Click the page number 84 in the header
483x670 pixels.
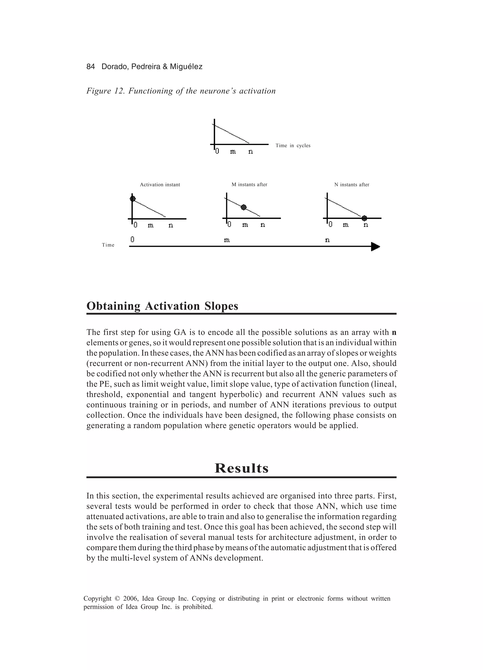(x=91, y=67)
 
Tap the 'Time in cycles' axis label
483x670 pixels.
(x=293, y=146)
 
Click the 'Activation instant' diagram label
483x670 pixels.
(x=160, y=185)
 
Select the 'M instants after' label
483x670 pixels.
(x=249, y=185)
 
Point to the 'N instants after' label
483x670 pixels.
(x=352, y=185)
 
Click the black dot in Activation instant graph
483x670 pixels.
(x=133, y=199)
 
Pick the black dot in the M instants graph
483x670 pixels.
(x=243, y=207)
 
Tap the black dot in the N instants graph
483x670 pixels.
(x=364, y=218)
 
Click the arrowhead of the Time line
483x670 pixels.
(x=375, y=246)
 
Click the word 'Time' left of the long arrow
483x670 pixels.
(x=108, y=245)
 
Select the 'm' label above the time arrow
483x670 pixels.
(x=227, y=240)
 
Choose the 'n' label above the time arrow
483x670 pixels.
(x=327, y=240)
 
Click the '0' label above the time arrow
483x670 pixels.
(x=132, y=239)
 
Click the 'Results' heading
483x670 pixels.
(x=241, y=468)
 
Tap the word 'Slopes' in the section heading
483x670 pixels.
(x=221, y=306)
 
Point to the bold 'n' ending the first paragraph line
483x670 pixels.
(x=394, y=333)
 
